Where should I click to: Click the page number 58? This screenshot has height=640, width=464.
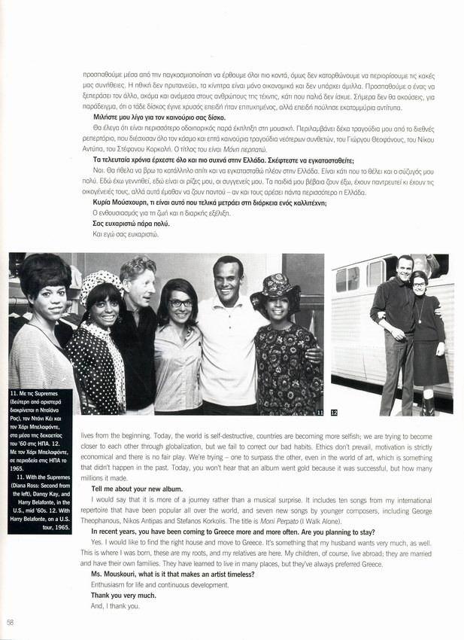[x=10, y=621]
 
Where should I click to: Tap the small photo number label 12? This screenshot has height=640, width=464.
[x=334, y=412]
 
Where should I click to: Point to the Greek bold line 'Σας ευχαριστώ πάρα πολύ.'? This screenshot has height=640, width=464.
[x=126, y=224]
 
